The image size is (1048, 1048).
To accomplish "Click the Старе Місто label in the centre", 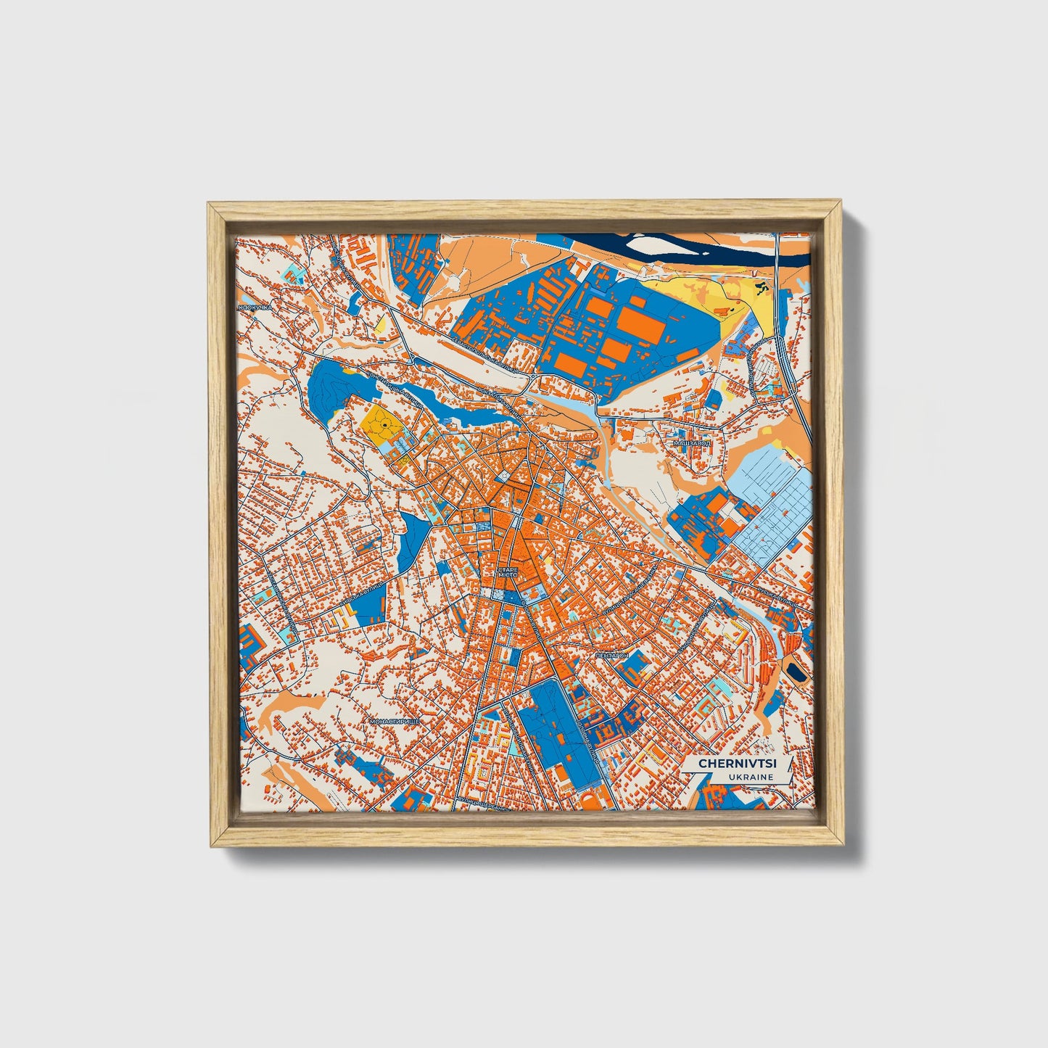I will [508, 573].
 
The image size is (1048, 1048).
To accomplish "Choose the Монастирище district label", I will [395, 722].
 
